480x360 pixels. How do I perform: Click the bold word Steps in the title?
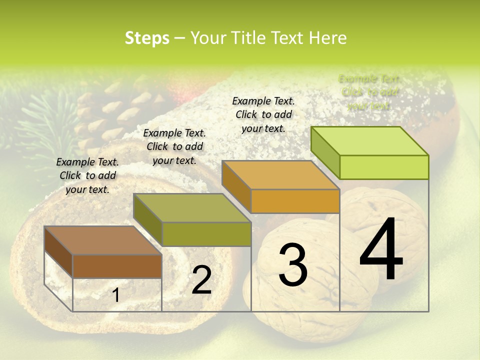(147, 38)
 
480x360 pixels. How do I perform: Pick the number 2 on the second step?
(201, 280)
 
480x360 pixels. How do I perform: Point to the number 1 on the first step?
(116, 295)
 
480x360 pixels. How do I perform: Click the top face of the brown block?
(103, 240)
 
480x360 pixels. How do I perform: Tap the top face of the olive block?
(192, 208)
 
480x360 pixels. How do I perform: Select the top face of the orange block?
(280, 175)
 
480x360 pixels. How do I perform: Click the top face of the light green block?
(369, 141)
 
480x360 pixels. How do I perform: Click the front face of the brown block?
(117, 266)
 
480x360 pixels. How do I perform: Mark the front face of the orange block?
(295, 201)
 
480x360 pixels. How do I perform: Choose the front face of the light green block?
(384, 167)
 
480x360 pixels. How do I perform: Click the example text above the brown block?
(87, 175)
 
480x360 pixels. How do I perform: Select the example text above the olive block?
(174, 146)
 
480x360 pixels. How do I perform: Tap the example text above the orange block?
(263, 114)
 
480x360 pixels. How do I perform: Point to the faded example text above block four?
(369, 92)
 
